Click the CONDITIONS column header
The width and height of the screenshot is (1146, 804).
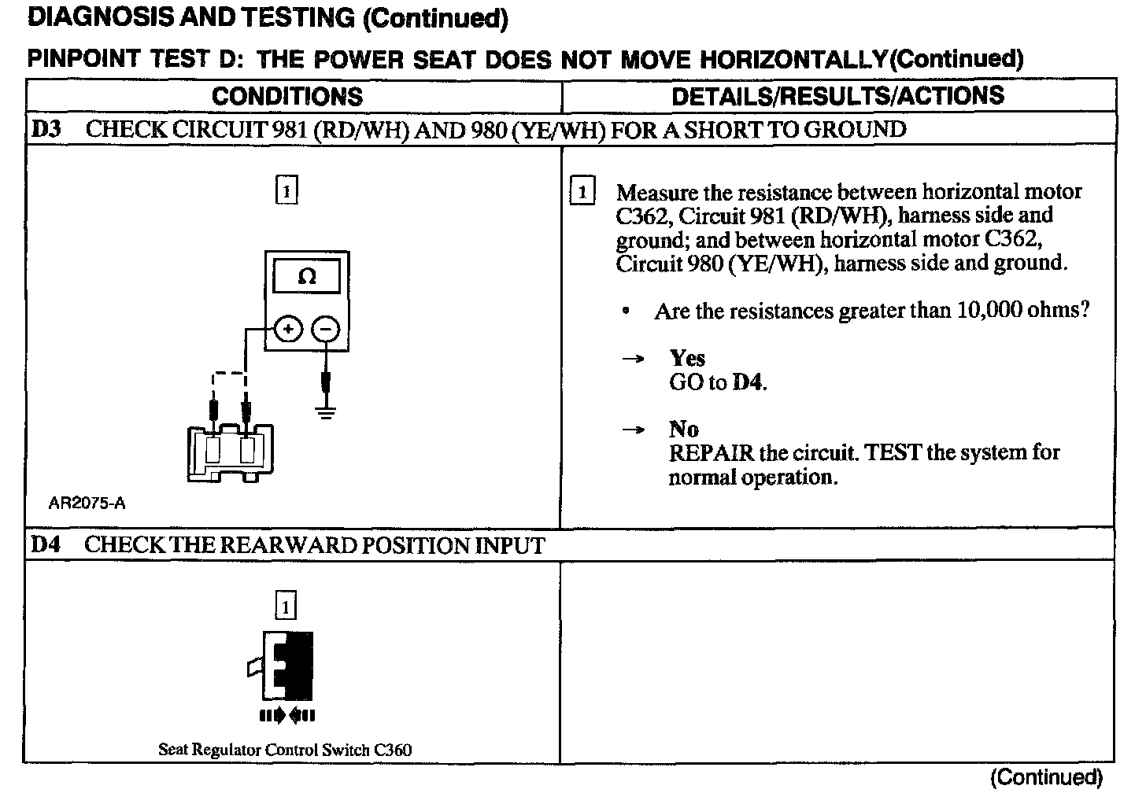click(287, 96)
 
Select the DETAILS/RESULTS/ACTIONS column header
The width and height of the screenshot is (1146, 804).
click(837, 96)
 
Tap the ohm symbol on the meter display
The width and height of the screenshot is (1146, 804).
click(308, 277)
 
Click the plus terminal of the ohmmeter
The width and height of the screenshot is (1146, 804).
click(289, 329)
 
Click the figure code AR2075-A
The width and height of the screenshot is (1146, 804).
click(87, 503)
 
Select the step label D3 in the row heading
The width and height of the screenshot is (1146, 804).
click(46, 129)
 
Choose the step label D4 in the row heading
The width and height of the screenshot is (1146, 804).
click(46, 544)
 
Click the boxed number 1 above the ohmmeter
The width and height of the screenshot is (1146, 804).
click(286, 191)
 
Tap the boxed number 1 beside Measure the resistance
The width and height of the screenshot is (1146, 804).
click(582, 192)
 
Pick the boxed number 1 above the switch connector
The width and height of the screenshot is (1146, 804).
click(286, 607)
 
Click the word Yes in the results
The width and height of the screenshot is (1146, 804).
click(687, 358)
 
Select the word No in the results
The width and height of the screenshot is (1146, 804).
click(683, 429)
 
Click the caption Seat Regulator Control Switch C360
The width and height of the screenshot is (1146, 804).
click(285, 750)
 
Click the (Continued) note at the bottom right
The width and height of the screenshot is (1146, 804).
click(1046, 777)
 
